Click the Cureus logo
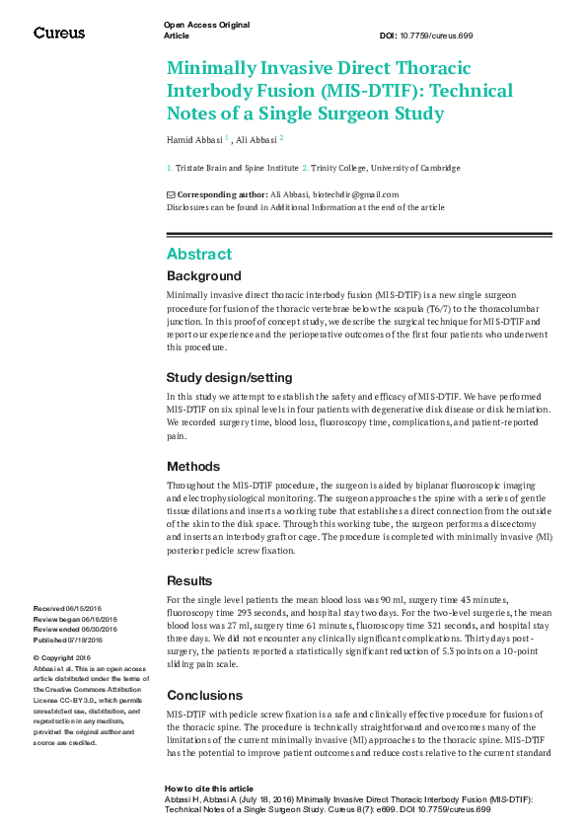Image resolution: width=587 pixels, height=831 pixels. pyautogui.click(x=59, y=33)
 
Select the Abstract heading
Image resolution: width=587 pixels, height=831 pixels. pyautogui.click(x=199, y=254)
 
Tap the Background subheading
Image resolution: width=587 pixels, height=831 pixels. pyautogui.click(x=203, y=276)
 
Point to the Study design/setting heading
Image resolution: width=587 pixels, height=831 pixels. pyautogui.click(x=229, y=377)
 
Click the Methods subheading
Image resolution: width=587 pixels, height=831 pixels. pyautogui.click(x=193, y=466)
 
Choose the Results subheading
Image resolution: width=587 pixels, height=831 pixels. pyautogui.click(x=189, y=581)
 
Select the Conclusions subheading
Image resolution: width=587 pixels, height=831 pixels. pyautogui.click(x=204, y=695)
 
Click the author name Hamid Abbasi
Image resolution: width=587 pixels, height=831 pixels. pyautogui.click(x=194, y=139)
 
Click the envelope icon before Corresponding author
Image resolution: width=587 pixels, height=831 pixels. pyautogui.click(x=171, y=194)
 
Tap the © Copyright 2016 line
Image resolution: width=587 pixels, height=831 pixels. pyautogui.click(x=62, y=657)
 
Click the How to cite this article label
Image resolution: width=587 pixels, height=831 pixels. pyautogui.click(x=208, y=789)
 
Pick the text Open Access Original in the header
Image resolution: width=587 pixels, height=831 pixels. pyautogui.click(x=206, y=24)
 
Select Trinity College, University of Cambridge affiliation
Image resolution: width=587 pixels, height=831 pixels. pyautogui.click(x=386, y=169)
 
